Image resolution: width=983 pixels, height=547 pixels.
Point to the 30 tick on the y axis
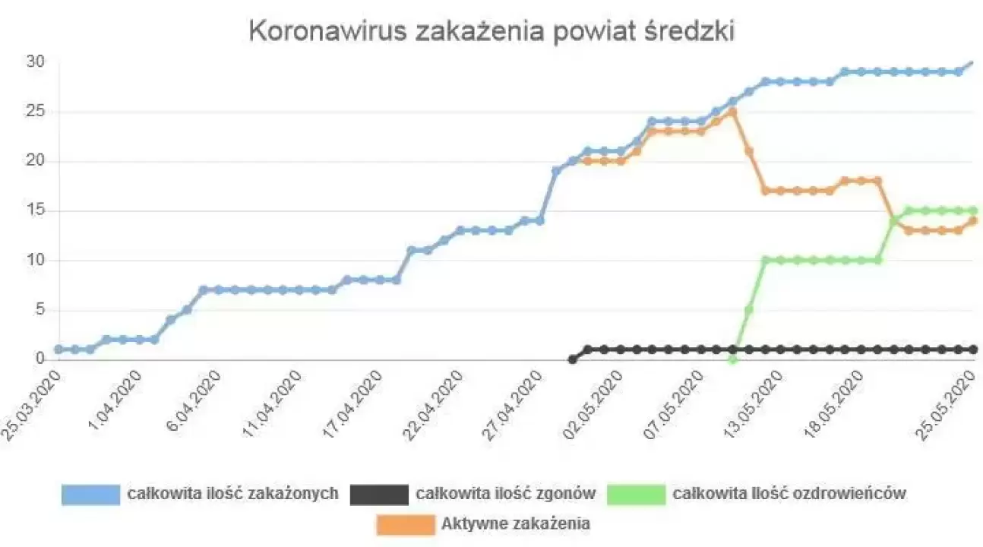(x=36, y=62)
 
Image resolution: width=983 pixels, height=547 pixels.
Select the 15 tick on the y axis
(x=36, y=210)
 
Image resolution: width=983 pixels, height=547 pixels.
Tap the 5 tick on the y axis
(x=39, y=310)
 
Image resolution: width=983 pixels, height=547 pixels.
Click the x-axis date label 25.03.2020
(x=31, y=404)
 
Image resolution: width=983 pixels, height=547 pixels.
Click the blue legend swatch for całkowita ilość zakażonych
(x=91, y=495)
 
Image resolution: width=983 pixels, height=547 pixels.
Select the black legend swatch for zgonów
(x=379, y=495)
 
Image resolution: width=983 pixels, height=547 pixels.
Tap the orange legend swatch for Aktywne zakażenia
(x=406, y=524)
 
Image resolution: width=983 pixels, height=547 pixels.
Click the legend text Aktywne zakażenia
(x=516, y=524)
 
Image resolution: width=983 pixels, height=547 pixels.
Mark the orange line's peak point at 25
(x=732, y=112)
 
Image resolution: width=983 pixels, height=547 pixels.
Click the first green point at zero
(x=732, y=359)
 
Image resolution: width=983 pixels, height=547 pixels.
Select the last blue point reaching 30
(x=972, y=62)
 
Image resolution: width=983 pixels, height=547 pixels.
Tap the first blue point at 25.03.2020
(x=58, y=349)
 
